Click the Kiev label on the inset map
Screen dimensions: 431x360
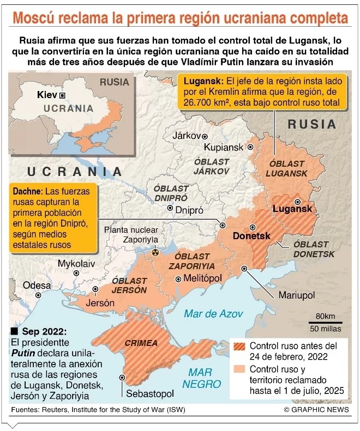(47, 95)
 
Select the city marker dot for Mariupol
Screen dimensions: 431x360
(244, 268)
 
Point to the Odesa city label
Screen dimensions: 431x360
(37, 285)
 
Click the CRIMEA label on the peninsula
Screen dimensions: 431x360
(141, 343)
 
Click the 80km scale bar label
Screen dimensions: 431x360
(325, 317)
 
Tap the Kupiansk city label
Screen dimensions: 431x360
(224, 148)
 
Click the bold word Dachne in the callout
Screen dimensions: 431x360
(27, 192)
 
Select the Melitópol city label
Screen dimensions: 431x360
(203, 278)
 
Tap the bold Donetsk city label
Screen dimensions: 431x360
(251, 236)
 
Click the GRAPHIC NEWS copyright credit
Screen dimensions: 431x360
(317, 409)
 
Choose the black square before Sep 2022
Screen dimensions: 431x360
(14, 331)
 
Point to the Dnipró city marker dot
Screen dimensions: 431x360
(170, 208)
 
